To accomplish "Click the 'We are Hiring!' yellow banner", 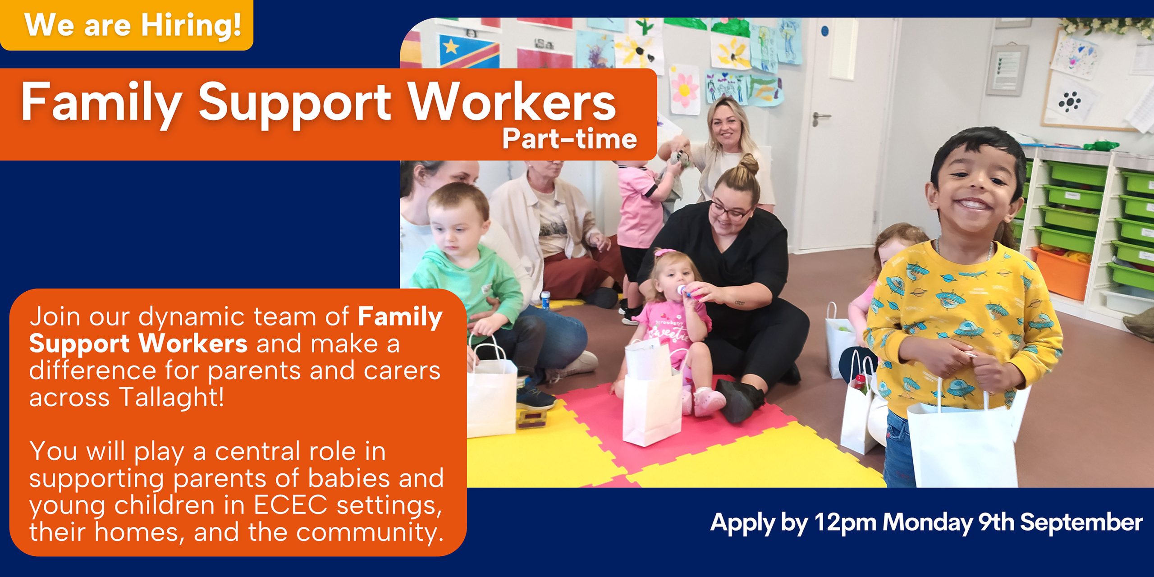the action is pos(126,25).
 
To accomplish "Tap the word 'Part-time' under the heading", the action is pos(569,139).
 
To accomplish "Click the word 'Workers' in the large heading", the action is pos(513,102).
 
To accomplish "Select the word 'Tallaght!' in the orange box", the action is pos(172,398).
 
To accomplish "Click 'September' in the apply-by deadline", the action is pos(1081,522).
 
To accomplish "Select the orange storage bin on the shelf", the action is pos(1061,272).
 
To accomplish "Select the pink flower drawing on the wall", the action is pos(684,89).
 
